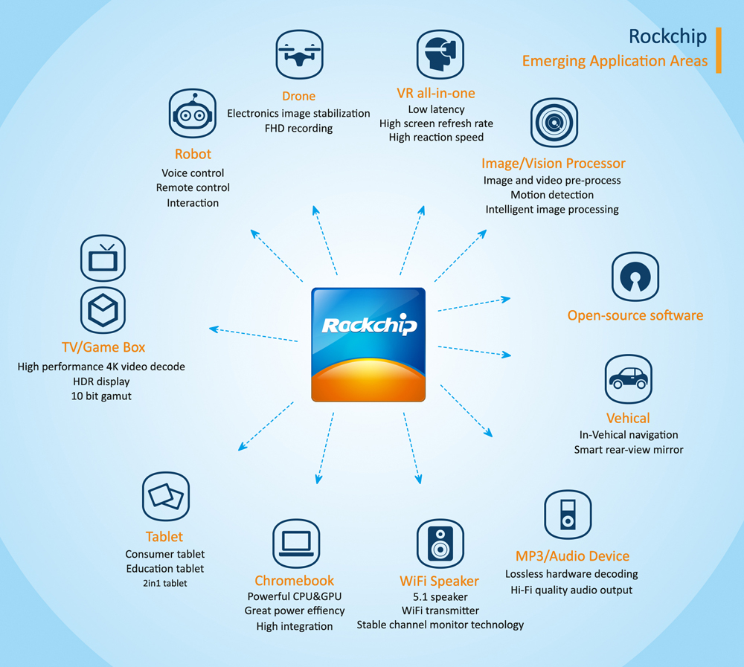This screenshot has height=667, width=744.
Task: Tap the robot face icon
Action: pyautogui.click(x=193, y=113)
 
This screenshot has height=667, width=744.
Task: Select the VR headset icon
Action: pyautogui.click(x=436, y=54)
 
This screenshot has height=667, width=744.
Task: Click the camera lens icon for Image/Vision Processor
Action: pyautogui.click(x=554, y=122)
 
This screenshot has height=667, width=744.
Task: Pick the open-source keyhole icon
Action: pyautogui.click(x=635, y=276)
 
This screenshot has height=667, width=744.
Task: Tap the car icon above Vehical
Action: pyautogui.click(x=628, y=378)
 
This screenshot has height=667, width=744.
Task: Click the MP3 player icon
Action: pyautogui.click(x=568, y=514)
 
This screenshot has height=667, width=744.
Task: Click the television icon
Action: pyautogui.click(x=103, y=258)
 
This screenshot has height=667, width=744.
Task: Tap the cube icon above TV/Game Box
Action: pyautogui.click(x=103, y=310)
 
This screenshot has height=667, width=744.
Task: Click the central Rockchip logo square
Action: pyautogui.click(x=368, y=344)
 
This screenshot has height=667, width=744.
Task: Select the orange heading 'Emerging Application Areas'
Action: pyautogui.click(x=615, y=61)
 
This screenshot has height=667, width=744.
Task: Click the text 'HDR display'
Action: pyautogui.click(x=101, y=381)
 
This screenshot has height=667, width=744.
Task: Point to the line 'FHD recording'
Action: pyautogui.click(x=298, y=128)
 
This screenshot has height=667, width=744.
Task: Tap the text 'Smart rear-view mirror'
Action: pyautogui.click(x=629, y=449)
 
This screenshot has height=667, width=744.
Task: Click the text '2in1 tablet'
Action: pyautogui.click(x=164, y=583)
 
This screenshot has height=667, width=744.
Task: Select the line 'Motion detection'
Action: pyautogui.click(x=552, y=195)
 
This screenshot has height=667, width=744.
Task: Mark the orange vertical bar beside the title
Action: pyautogui.click(x=719, y=50)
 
